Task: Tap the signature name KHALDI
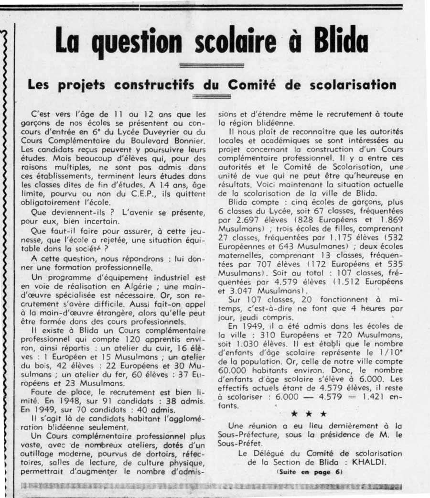pos(383,462)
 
